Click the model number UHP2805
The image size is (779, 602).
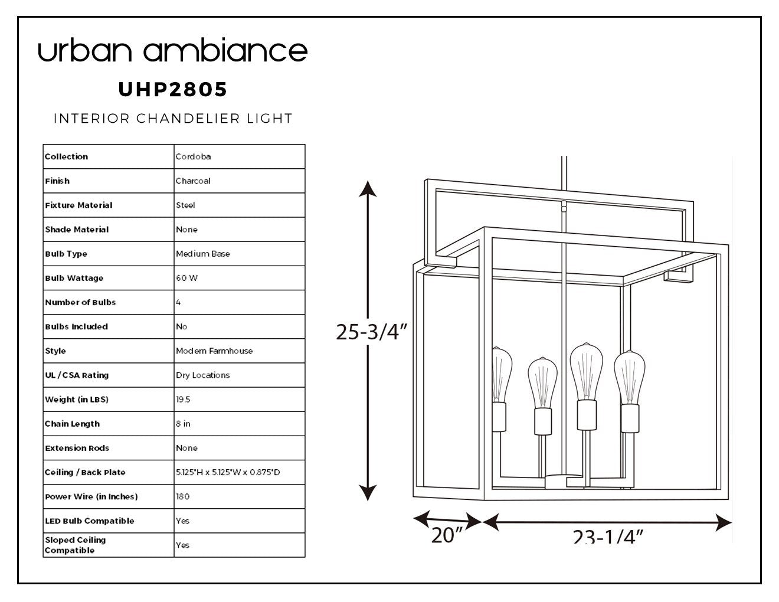(x=172, y=89)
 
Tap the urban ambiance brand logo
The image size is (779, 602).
(x=173, y=50)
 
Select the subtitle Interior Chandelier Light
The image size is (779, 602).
(x=173, y=118)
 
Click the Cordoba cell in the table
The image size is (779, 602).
(x=193, y=156)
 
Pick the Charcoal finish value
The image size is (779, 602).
(x=193, y=181)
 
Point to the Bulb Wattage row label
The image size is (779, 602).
(x=74, y=278)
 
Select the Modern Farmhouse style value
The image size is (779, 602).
(x=214, y=351)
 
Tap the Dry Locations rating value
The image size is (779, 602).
(x=203, y=375)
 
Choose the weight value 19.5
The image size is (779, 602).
(x=183, y=400)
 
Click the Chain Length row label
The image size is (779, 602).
(x=73, y=424)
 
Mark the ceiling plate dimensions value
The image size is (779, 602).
(x=228, y=472)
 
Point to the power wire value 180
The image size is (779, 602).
(x=183, y=496)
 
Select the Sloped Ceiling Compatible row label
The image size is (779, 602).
(x=76, y=545)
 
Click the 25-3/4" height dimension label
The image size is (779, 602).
(x=372, y=332)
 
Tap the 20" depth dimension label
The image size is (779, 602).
(x=447, y=535)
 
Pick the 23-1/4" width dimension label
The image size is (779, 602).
(x=608, y=536)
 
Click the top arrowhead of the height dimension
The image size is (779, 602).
(x=368, y=189)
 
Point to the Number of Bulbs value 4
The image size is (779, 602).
(x=178, y=303)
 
